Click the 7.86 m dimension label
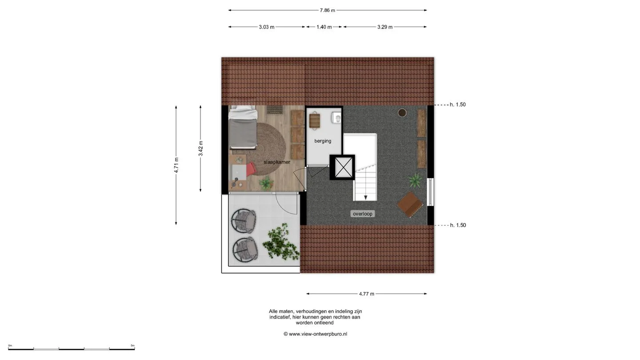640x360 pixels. tap(328, 10)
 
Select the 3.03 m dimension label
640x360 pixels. tap(267, 27)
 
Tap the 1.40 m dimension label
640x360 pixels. tap(324, 27)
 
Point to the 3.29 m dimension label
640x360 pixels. tap(385, 27)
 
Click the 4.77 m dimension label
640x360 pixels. tap(367, 294)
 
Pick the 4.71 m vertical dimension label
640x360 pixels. tap(176, 165)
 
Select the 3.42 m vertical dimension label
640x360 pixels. tap(201, 148)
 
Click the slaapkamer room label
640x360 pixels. tap(277, 162)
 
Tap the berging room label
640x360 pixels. tap(323, 141)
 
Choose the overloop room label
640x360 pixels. tap(363, 214)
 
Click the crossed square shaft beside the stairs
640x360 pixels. tap(342, 168)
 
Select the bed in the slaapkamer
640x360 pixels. tap(243, 128)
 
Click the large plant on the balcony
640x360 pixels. tap(280, 242)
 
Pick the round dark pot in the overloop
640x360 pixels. tap(402, 113)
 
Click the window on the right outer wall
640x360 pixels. tap(430, 192)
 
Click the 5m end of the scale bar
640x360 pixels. tap(134, 348)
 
